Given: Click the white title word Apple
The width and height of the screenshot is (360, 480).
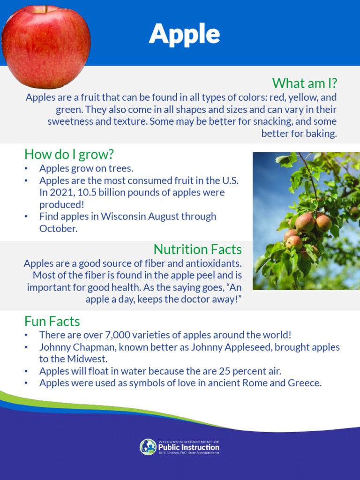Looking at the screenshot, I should [x=184, y=34].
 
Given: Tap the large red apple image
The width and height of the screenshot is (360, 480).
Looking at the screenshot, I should [x=45, y=46].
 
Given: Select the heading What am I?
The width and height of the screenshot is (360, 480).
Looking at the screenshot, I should [x=305, y=83].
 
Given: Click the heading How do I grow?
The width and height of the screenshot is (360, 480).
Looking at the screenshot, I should [x=69, y=154].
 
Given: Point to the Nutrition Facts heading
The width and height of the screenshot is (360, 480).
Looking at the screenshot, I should [x=197, y=249].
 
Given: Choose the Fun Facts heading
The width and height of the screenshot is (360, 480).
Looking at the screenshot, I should [x=52, y=322].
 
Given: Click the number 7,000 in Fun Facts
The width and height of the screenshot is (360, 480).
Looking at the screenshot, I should [x=122, y=335].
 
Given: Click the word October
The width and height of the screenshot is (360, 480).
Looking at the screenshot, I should [x=58, y=229].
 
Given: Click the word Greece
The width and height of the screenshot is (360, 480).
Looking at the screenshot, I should [x=305, y=383].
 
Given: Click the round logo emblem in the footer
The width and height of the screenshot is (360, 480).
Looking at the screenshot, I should [x=148, y=447].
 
